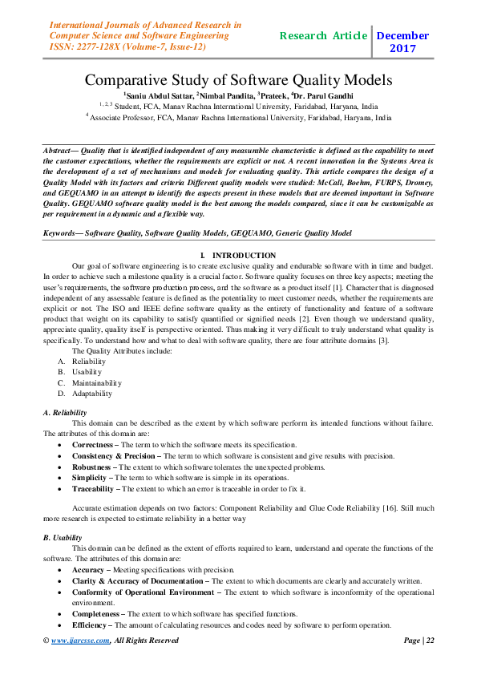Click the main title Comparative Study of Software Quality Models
coord(238,80)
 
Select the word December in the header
coord(402,35)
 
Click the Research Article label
coord(322,35)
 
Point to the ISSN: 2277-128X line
coord(127,46)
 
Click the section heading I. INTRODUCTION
coord(238,256)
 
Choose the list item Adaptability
coord(91,394)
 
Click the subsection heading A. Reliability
coord(65,411)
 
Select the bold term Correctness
coord(94,444)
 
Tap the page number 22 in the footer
coord(430,641)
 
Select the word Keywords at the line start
coord(61,232)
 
